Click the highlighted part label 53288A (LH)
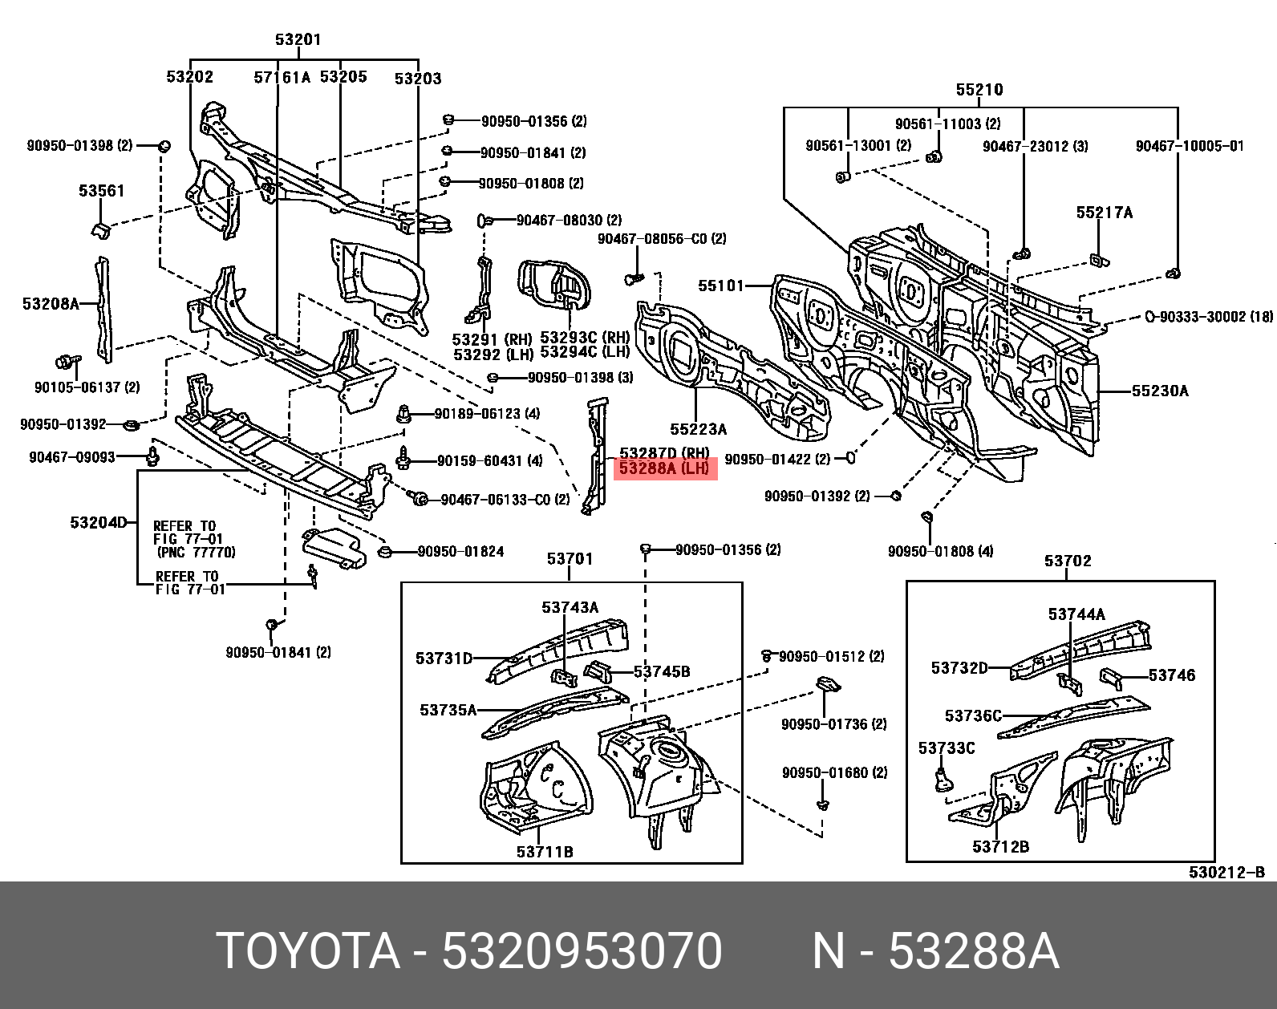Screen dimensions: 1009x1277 [664, 468]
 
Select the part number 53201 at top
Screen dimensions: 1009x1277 [298, 39]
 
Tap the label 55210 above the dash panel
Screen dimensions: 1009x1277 [979, 90]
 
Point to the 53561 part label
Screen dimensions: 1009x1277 [102, 191]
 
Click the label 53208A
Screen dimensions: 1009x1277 [51, 304]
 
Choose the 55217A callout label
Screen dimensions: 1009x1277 [1105, 213]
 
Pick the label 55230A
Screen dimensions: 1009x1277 [1160, 391]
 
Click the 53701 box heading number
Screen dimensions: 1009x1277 [570, 558]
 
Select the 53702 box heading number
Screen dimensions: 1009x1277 [1068, 561]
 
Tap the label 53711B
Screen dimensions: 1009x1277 [545, 852]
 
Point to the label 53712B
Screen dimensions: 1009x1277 [1000, 847]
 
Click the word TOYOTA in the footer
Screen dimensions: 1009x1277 [308, 951]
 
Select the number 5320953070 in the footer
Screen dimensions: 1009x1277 [582, 951]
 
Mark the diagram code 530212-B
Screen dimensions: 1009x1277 [1226, 873]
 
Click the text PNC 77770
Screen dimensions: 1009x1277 [197, 553]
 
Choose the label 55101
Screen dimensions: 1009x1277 [721, 286]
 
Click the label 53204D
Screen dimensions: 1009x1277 [99, 523]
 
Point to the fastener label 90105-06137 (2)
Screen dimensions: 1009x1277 [87, 387]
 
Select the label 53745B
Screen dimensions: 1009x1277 [662, 671]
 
